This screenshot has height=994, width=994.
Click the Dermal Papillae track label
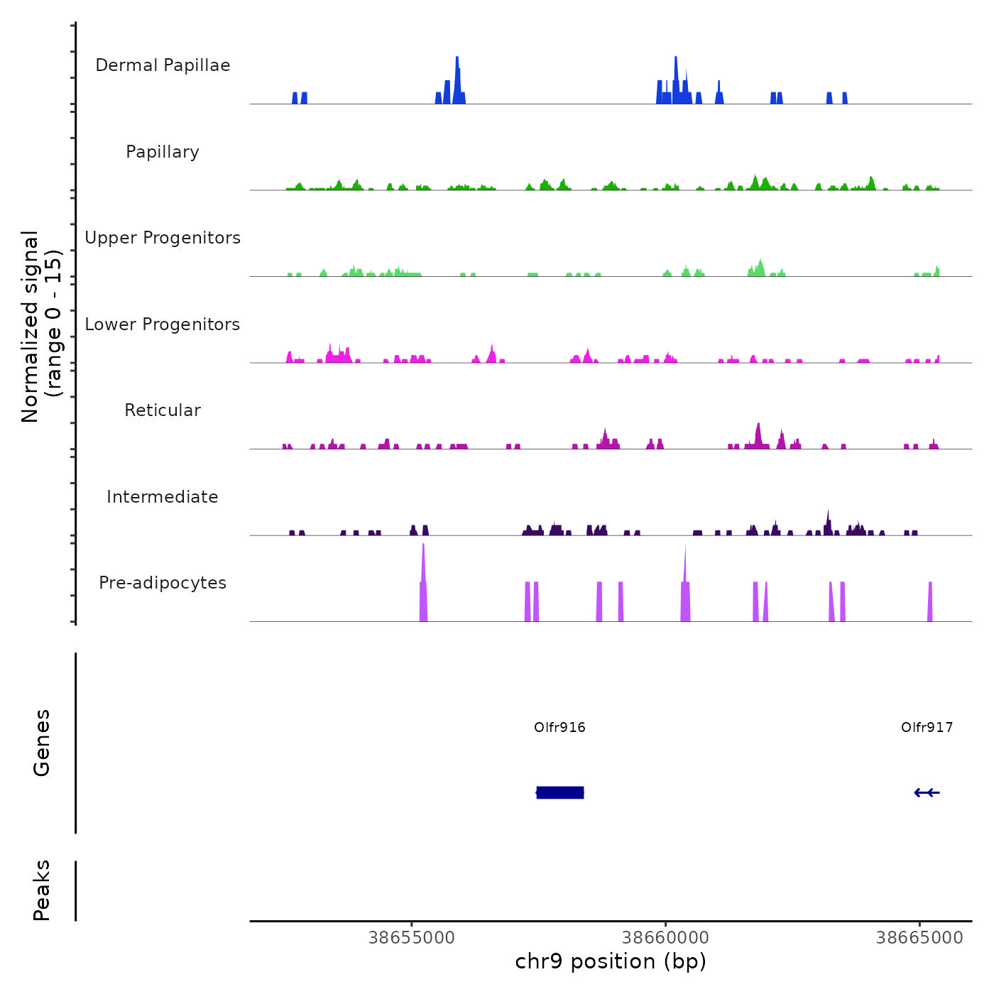163,65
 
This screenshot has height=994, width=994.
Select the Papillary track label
163,152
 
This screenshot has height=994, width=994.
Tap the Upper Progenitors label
163,238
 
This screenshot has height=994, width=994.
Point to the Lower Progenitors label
163,324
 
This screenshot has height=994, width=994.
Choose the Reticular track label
163,410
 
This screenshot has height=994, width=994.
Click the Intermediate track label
163,497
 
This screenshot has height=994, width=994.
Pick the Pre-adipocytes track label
163,583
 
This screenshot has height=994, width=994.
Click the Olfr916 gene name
559,727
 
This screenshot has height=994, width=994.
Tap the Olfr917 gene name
927,727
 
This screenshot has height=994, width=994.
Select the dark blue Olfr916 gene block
560,792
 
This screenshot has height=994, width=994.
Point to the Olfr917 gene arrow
927,792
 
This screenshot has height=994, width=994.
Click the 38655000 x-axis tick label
412,938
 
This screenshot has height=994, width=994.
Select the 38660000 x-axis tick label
665,938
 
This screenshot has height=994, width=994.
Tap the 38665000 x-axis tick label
919,938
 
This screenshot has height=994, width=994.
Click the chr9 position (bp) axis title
611,961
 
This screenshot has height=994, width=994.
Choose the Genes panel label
42,742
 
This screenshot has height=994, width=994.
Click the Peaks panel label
42,890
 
